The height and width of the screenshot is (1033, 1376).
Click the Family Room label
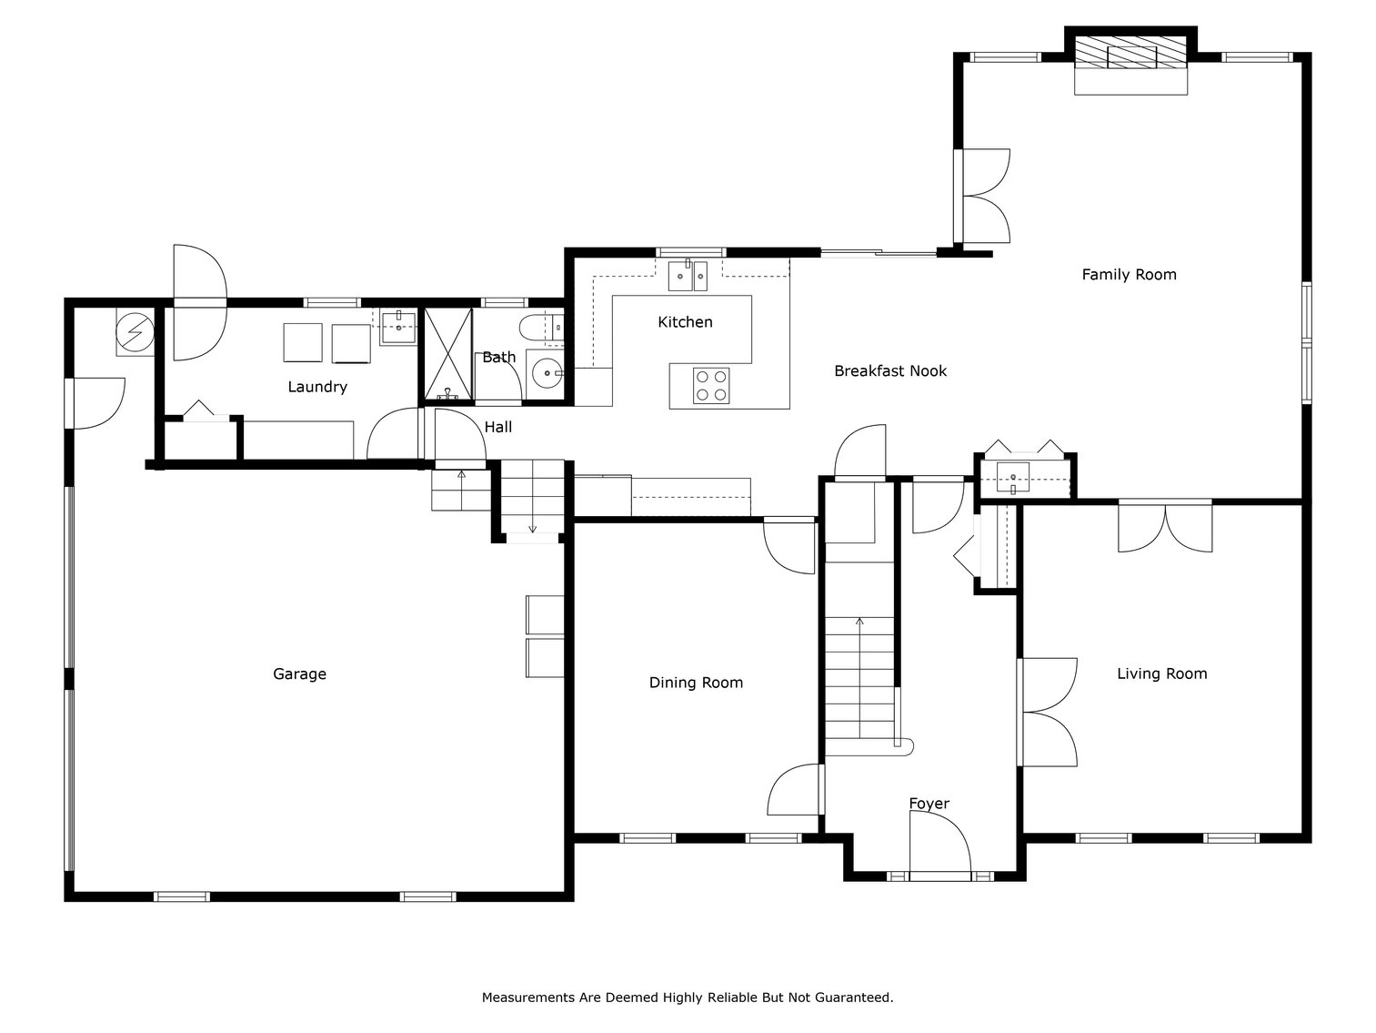[x=1128, y=274]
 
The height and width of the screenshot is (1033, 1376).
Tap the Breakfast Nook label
[x=889, y=370]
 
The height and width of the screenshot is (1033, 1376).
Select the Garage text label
[x=299, y=673]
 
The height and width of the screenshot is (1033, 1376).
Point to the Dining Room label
[x=696, y=683]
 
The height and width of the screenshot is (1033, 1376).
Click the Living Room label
[x=1161, y=673]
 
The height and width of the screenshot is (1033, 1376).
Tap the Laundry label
[x=317, y=387]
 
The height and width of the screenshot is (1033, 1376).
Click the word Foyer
[x=929, y=804]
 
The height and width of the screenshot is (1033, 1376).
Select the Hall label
[x=497, y=427]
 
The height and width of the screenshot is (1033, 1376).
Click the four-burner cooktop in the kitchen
[x=710, y=385]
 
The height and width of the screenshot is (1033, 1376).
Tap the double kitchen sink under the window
[x=688, y=275]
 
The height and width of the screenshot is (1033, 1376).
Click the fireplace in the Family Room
[x=1130, y=56]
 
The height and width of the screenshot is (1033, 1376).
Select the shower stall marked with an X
[x=448, y=354]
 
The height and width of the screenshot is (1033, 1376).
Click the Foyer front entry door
[x=939, y=846]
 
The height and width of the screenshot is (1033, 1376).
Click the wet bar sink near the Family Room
[x=1012, y=475]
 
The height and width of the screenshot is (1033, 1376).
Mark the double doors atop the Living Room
[x=1164, y=527]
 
